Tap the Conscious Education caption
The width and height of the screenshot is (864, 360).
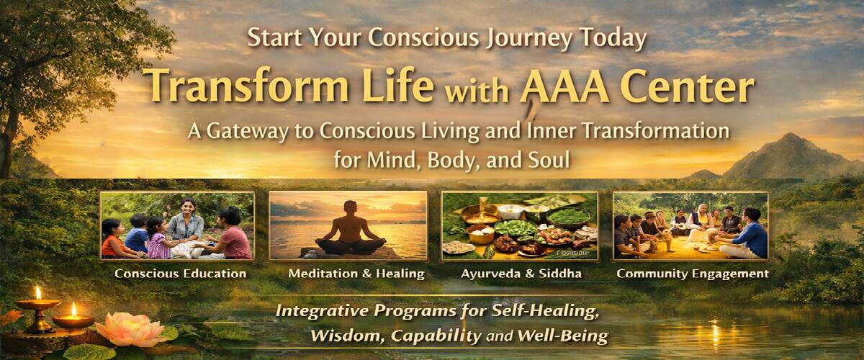pos(181,274)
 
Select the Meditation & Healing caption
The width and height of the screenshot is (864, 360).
pos(356,274)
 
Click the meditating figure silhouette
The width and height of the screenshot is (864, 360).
pos(350,229)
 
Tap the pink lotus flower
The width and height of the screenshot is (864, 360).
pos(130,329)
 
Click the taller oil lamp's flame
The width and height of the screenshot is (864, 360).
pos(38,292)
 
